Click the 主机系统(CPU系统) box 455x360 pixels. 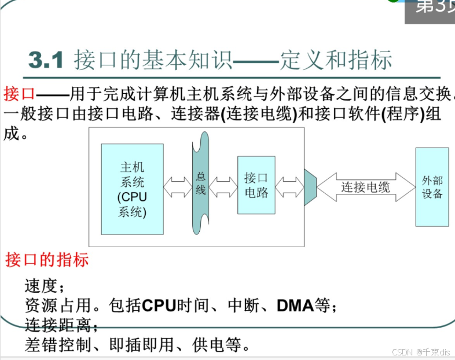pyautogui.click(x=132, y=189)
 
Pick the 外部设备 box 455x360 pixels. pyautogui.click(x=432, y=187)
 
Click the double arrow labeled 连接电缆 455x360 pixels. pyautogui.click(x=365, y=187)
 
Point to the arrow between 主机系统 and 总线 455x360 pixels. pyautogui.click(x=178, y=186)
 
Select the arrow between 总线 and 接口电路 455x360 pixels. pyautogui.click(x=223, y=186)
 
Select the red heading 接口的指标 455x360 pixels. pyautogui.click(x=47, y=260)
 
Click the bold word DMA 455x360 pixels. pyautogui.click(x=295, y=304)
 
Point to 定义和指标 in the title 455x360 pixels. pyautogui.click(x=336, y=60)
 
